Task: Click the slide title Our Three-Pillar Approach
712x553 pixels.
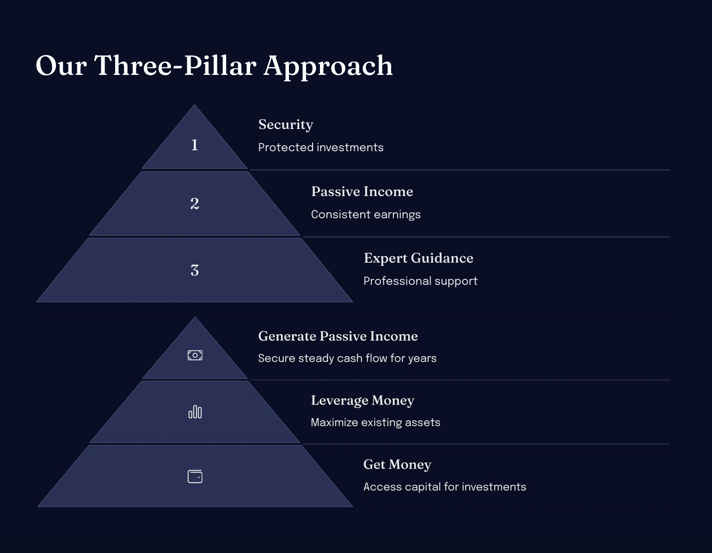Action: tap(214, 66)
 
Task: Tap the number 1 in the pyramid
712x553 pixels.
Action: tap(195, 145)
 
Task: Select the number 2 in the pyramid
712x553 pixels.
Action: tap(195, 203)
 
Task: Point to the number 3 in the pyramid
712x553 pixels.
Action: tap(195, 270)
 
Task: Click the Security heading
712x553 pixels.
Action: tap(286, 125)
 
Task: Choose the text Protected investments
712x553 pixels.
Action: tap(321, 147)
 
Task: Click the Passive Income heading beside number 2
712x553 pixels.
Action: tap(362, 191)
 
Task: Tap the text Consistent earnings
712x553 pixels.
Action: tap(366, 215)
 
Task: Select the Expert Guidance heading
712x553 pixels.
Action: tap(418, 258)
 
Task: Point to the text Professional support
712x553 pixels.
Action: tap(420, 281)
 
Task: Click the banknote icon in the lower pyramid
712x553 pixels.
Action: tap(195, 355)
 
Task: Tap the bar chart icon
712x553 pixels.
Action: tap(195, 412)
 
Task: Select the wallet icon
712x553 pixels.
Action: tap(195, 476)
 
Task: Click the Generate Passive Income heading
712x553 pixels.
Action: tap(338, 336)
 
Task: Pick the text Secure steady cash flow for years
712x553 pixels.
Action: tap(347, 358)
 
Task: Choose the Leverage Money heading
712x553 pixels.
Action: tap(362, 401)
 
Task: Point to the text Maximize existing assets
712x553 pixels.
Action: tap(375, 423)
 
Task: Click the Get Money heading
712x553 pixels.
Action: tap(397, 465)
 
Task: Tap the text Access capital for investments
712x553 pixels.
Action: tap(445, 487)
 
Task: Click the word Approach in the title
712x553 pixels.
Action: tap(328, 67)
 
